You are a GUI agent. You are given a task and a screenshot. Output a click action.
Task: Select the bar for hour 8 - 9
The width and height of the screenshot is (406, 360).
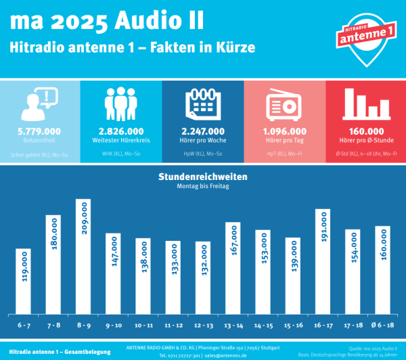[x=83, y=256]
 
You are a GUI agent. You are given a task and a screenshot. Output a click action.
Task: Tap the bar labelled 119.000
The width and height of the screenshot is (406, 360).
[x=24, y=281]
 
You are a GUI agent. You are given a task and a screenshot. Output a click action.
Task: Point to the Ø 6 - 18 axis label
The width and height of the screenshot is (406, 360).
[x=382, y=325]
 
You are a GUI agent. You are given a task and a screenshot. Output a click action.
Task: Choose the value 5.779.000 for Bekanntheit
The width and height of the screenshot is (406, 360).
[x=40, y=131]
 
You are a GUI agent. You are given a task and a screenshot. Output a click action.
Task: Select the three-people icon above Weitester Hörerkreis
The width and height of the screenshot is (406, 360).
[x=121, y=104]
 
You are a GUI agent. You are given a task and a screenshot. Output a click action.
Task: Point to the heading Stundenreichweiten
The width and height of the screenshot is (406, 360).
[x=202, y=176]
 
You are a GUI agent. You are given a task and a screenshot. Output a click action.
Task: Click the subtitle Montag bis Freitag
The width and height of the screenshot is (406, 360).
[x=202, y=185]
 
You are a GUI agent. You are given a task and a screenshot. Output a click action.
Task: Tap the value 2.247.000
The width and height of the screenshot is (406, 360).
[x=202, y=131]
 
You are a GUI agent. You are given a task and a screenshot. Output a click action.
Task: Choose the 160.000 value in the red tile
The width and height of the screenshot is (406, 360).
[x=366, y=131]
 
